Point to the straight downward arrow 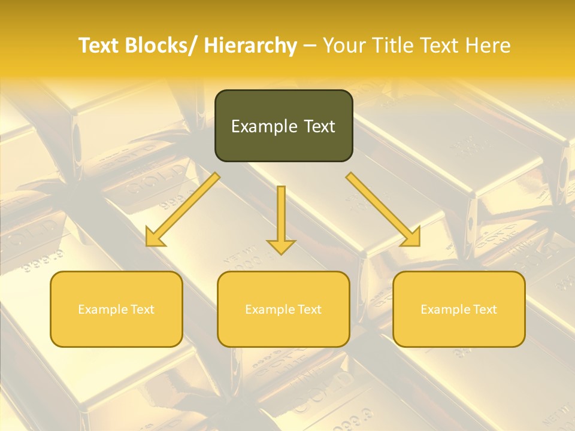tap(281, 218)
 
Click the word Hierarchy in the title tap(250, 45)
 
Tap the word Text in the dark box tap(319, 126)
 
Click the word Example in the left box tap(103, 309)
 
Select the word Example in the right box tap(446, 309)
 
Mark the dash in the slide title tap(310, 45)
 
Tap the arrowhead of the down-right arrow tap(411, 238)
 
